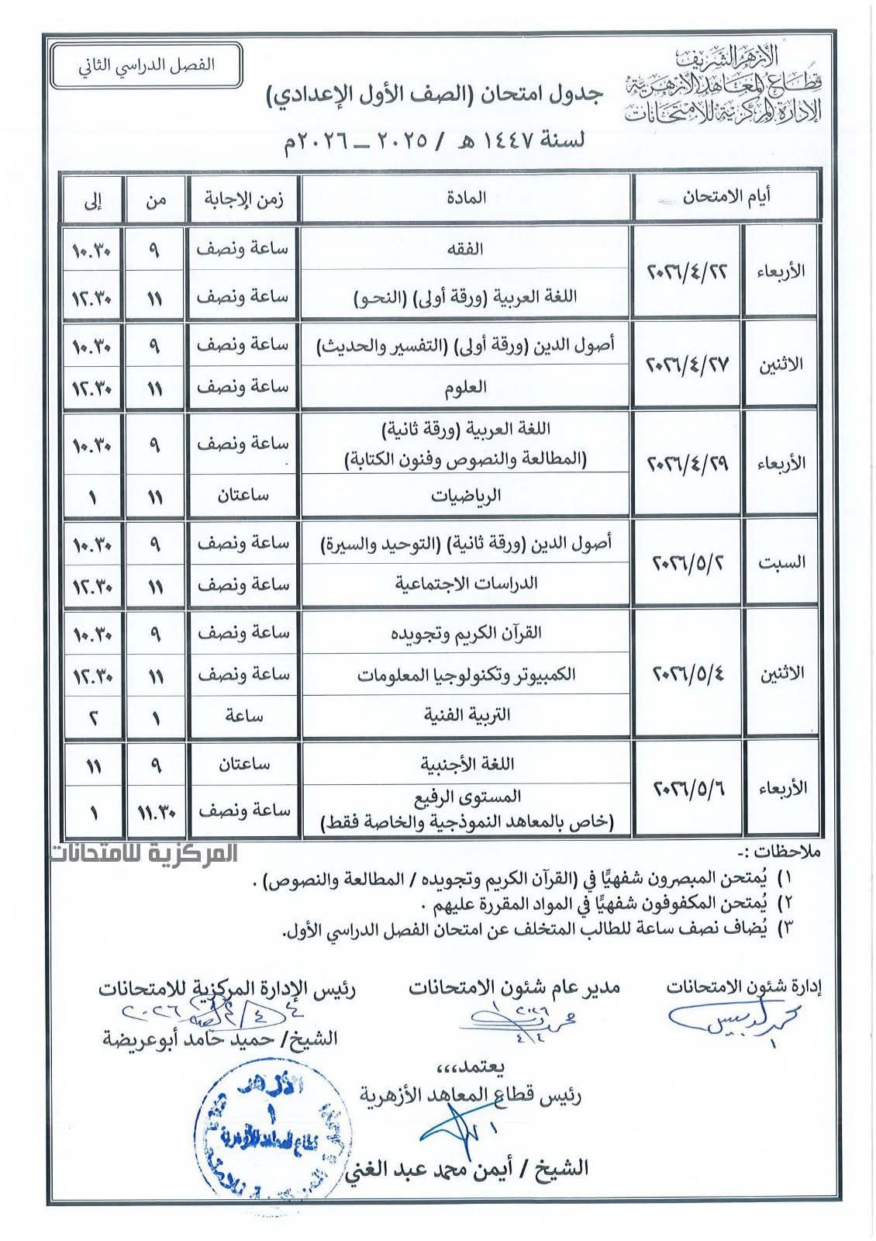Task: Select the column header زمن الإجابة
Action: click(243, 198)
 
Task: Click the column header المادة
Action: click(467, 197)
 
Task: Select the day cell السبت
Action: click(781, 562)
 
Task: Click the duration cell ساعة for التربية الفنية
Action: click(243, 714)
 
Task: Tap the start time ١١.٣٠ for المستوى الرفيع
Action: click(155, 811)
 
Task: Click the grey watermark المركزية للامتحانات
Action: click(144, 853)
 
